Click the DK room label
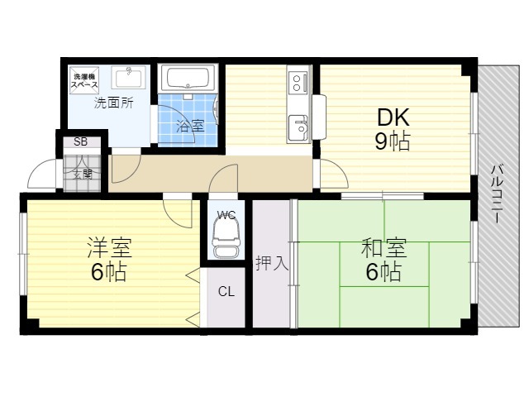click(393, 117)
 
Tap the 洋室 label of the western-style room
click(109, 247)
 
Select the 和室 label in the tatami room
click(384, 247)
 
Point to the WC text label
click(226, 215)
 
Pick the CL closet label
click(226, 291)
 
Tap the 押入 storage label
click(272, 263)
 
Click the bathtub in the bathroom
click(188, 79)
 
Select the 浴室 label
click(191, 126)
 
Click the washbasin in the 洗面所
click(129, 77)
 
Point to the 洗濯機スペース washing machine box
click(84, 80)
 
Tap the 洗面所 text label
click(114, 103)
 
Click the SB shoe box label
click(81, 141)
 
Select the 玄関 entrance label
click(83, 175)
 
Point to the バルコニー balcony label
click(497, 194)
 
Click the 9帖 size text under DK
click(393, 141)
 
